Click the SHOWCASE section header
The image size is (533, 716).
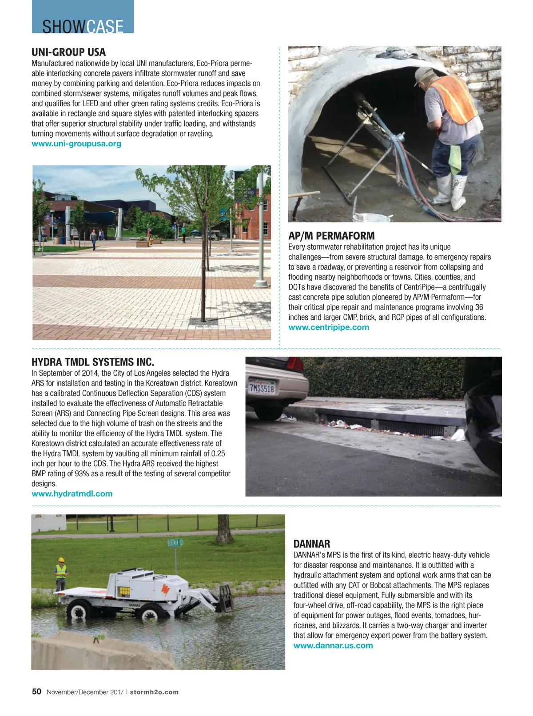[x=83, y=26]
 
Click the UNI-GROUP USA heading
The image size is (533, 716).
[x=68, y=52]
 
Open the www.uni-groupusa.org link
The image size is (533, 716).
[x=76, y=144]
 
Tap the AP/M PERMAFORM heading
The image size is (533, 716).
[x=331, y=236]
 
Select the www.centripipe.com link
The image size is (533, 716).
[x=329, y=327]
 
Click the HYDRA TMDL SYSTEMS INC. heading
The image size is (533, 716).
[x=93, y=362]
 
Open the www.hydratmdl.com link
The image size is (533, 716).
[x=72, y=494]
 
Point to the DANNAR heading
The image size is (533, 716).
[x=311, y=544]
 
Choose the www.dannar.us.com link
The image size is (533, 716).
[x=333, y=646]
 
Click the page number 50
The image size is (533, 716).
[x=36, y=692]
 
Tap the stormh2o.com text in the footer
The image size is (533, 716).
[x=154, y=692]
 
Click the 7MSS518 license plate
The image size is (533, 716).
[x=262, y=388]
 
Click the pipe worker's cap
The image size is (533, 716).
[x=423, y=75]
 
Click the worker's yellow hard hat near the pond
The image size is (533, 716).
[x=61, y=561]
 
